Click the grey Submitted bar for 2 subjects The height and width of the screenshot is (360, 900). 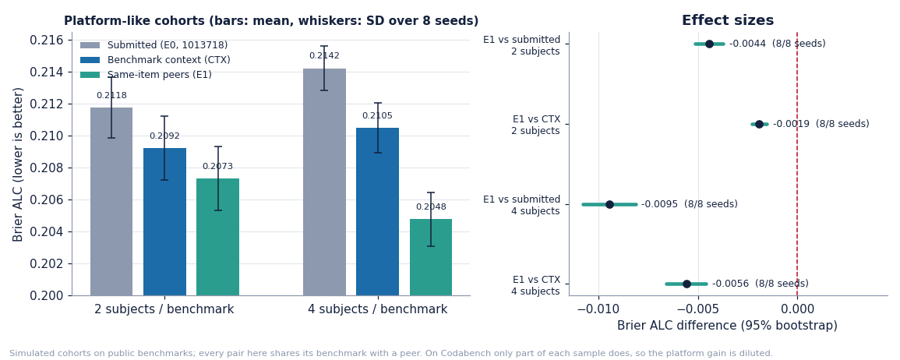pyautogui.click(x=111, y=202)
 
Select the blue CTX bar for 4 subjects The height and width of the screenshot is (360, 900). pyautogui.click(x=377, y=212)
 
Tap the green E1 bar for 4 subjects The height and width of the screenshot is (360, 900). pyautogui.click(x=430, y=257)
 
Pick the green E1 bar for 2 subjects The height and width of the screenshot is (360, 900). pyautogui.click(x=217, y=237)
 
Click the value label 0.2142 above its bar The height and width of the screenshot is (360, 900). pyautogui.click(x=324, y=55)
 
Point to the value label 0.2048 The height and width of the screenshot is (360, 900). pyautogui.click(x=431, y=206)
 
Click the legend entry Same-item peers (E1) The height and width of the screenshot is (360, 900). pyautogui.click(x=160, y=75)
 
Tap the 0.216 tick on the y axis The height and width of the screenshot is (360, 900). pyautogui.click(x=47, y=41)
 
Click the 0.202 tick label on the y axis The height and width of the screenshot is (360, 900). pyautogui.click(x=47, y=263)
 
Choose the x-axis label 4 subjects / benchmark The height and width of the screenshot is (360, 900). pyautogui.click(x=378, y=309)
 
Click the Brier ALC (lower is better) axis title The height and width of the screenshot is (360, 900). pyautogui.click(x=18, y=164)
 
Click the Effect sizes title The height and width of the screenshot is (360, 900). pyautogui.click(x=728, y=21)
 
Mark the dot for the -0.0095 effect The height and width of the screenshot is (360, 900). pyautogui.click(x=609, y=204)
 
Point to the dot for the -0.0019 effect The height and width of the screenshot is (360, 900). pyautogui.click(x=760, y=124)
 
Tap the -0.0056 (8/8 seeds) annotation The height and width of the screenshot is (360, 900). pyautogui.click(x=761, y=284)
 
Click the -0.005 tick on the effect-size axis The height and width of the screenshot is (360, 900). pyautogui.click(x=698, y=309)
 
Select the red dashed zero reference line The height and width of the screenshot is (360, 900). pyautogui.click(x=796, y=164)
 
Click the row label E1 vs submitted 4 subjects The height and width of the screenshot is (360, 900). pyautogui.click(x=522, y=205)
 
